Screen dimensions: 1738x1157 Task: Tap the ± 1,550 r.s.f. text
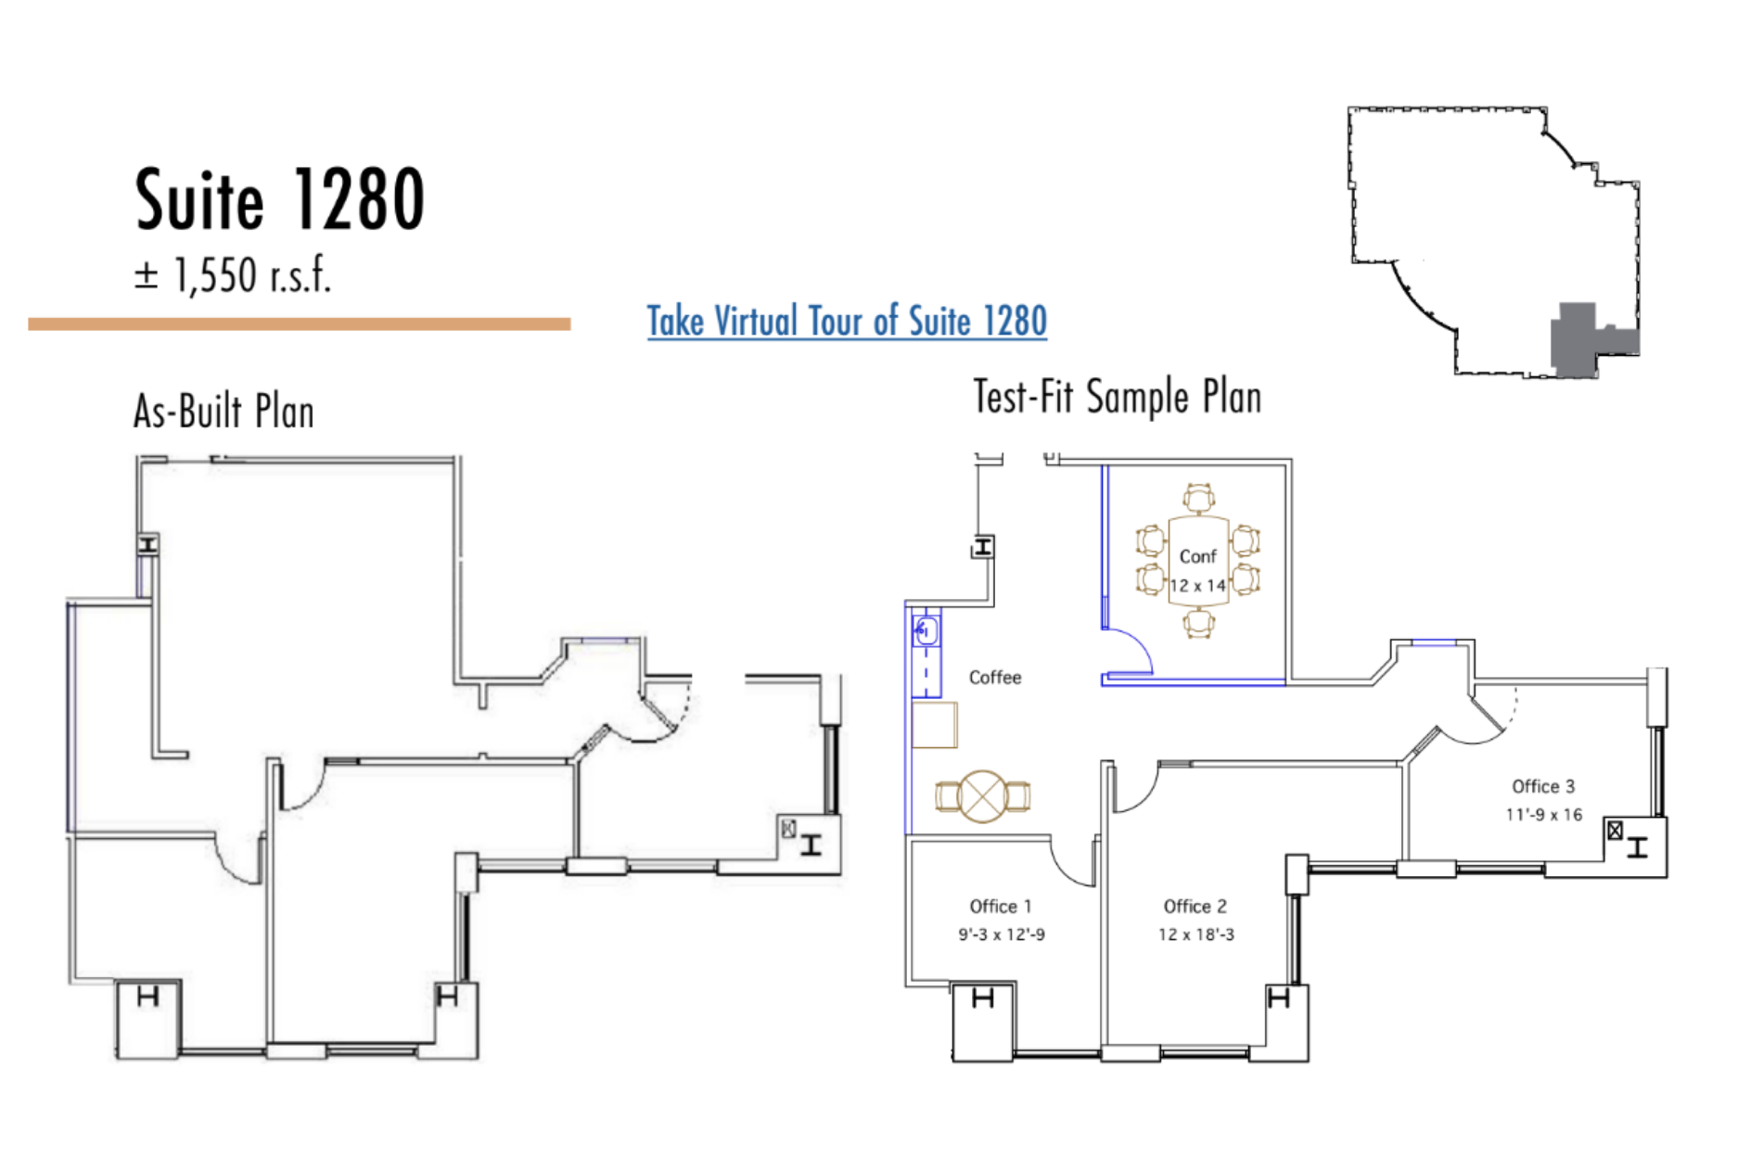tap(233, 275)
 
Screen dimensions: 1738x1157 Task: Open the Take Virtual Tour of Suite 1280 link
tap(847, 322)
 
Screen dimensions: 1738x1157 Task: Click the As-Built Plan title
tap(224, 412)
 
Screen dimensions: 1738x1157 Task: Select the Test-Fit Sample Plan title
tap(1118, 397)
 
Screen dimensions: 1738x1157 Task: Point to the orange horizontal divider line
tap(300, 324)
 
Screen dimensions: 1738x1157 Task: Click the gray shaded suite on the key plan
tap(1589, 339)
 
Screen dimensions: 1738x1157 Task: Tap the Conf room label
tap(1197, 556)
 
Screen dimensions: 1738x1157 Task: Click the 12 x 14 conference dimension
tap(1197, 586)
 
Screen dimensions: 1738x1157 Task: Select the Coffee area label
tap(995, 678)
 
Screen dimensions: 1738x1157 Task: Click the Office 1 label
tap(1001, 906)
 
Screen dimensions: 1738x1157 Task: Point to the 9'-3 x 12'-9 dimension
tap(1002, 934)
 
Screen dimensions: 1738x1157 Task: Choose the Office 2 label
tap(1195, 906)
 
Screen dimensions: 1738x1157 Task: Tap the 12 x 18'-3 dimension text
tap(1196, 934)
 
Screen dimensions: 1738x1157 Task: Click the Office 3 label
tap(1543, 786)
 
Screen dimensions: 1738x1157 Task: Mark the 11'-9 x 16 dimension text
tap(1544, 815)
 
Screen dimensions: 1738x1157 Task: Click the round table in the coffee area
tap(983, 795)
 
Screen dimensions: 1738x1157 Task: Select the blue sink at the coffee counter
tap(926, 632)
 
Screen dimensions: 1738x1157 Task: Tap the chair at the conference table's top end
tap(1198, 498)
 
